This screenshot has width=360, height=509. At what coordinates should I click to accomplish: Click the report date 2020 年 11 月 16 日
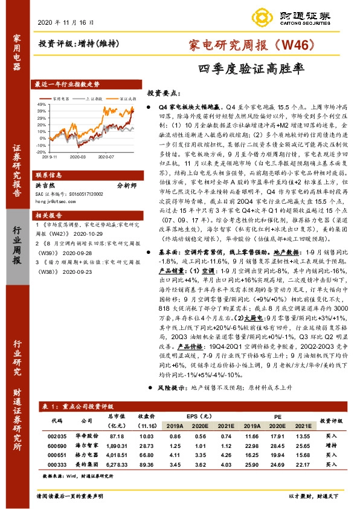[x=70, y=22]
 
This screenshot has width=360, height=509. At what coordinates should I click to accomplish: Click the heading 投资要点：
[x=164, y=94]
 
